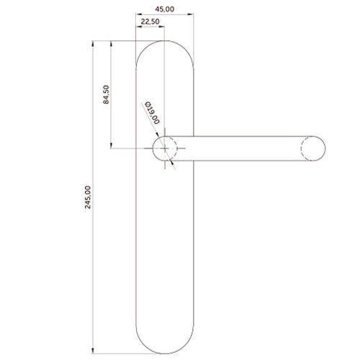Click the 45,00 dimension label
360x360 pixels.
pos(164,9)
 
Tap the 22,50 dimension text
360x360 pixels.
pos(150,22)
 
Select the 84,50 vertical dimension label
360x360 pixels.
pos(106,94)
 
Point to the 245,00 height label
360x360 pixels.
pos(88,197)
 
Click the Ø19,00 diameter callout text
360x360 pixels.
pos(152,112)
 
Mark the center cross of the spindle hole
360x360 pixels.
pos(165,148)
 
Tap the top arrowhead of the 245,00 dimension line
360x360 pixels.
pos(93,44)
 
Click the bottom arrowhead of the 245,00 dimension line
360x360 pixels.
pos(93,351)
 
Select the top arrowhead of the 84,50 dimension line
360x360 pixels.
pos(111,44)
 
